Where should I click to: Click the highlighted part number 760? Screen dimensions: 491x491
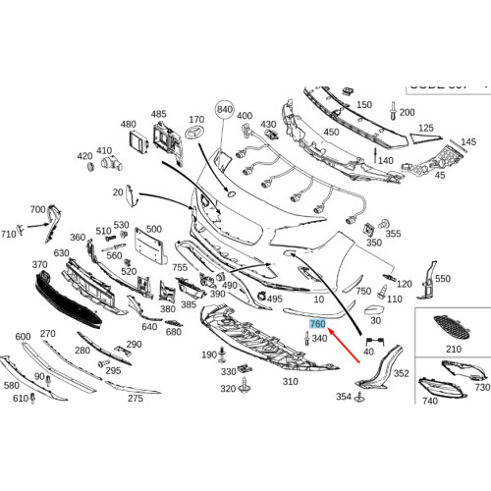[x=317, y=324]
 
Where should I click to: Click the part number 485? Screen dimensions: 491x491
[x=158, y=115]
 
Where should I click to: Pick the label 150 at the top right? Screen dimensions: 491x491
[x=363, y=105]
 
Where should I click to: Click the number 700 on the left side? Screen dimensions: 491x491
[x=37, y=210]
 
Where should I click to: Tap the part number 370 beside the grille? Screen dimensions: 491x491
[x=39, y=266]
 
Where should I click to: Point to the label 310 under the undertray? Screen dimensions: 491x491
[x=290, y=381]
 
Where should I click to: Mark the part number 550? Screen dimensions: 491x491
[x=442, y=280]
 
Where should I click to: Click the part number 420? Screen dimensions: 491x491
[x=85, y=156]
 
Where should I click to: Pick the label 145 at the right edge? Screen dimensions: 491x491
[x=468, y=142]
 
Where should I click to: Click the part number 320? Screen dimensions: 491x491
[x=228, y=389]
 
